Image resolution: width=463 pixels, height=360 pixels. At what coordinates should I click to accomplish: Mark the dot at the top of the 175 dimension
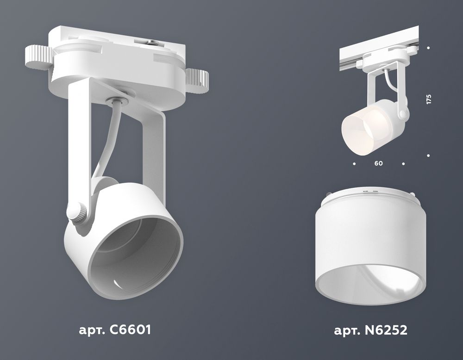pyautogui.click(x=429, y=48)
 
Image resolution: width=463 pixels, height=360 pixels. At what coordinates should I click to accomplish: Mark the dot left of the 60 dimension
pyautogui.click(x=354, y=163)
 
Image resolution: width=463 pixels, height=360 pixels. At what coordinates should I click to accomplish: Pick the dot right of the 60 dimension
pyautogui.click(x=404, y=163)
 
